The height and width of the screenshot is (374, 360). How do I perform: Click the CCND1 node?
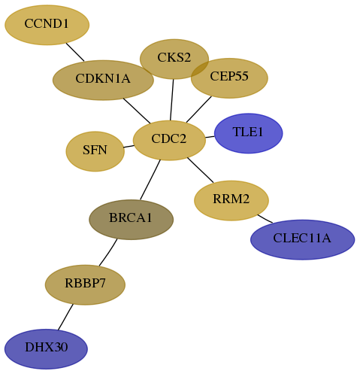coord(47,25)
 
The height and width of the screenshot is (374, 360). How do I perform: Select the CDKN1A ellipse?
coord(103,80)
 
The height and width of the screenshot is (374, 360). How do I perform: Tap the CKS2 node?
coord(174,59)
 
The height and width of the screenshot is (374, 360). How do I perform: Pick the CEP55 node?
coord(229,78)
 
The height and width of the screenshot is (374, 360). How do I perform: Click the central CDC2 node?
coord(169,140)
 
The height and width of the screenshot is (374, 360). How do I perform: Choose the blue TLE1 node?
coord(249,133)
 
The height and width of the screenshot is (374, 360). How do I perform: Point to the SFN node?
coord(95,151)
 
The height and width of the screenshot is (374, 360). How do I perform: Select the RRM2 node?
coord(231,200)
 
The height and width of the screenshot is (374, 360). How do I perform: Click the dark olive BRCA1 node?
coord(132,220)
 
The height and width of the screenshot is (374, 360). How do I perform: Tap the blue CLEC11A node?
coord(303,239)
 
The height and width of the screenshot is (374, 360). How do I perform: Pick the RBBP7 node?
coord(85,284)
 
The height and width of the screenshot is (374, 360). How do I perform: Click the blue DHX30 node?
coord(46,349)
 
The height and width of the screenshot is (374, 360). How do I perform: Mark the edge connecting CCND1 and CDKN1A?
coord(75,52)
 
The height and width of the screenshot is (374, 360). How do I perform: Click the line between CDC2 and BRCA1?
coord(150,180)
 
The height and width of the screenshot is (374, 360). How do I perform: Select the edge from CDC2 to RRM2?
coord(201,170)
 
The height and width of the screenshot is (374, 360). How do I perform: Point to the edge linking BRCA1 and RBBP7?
coord(108,252)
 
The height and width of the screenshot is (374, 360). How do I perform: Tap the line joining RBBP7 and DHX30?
coord(65,317)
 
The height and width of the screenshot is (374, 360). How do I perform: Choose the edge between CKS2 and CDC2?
coord(172,100)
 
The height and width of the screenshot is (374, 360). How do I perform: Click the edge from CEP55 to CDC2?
coord(199,109)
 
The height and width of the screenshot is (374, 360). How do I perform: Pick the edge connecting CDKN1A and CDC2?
coord(137,111)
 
